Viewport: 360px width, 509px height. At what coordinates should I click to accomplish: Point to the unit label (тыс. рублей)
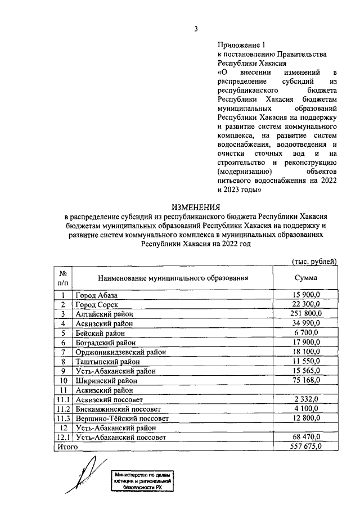coord(314,261)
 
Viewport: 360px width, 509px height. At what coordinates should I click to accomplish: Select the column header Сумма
coord(306,277)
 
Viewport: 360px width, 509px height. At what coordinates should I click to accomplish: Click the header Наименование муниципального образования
coord(173,278)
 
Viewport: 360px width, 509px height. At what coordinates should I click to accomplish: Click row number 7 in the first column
coord(64,352)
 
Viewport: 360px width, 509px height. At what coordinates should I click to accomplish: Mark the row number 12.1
coord(64,437)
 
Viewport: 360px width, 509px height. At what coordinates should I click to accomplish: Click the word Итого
coord(66,447)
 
